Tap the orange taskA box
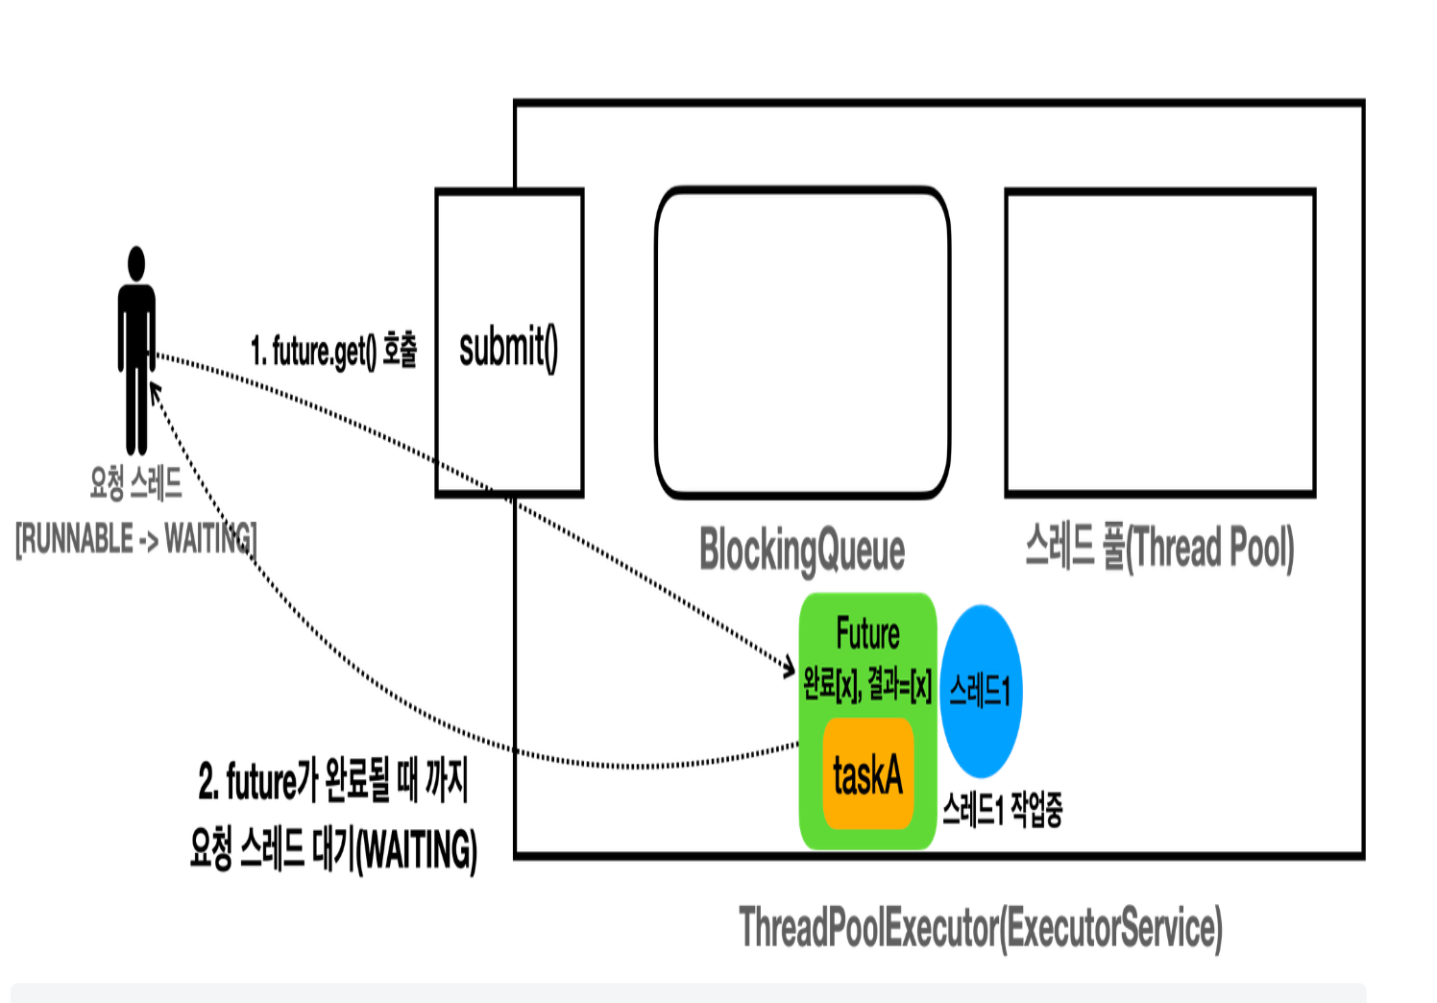867,774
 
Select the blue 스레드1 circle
981,691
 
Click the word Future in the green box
867,634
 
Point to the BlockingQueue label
802,550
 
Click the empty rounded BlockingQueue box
802,343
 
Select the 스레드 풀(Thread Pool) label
1159,549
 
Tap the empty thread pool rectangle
1159,343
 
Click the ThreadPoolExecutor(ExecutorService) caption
980,928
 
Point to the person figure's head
136,263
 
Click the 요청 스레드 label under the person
135,482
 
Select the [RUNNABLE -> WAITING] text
135,539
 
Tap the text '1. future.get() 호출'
333,351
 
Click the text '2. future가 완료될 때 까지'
333,781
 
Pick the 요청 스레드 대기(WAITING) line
333,849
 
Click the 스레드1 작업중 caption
1002,810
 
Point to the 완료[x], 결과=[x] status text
867,685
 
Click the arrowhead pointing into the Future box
791,666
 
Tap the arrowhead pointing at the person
154,389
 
